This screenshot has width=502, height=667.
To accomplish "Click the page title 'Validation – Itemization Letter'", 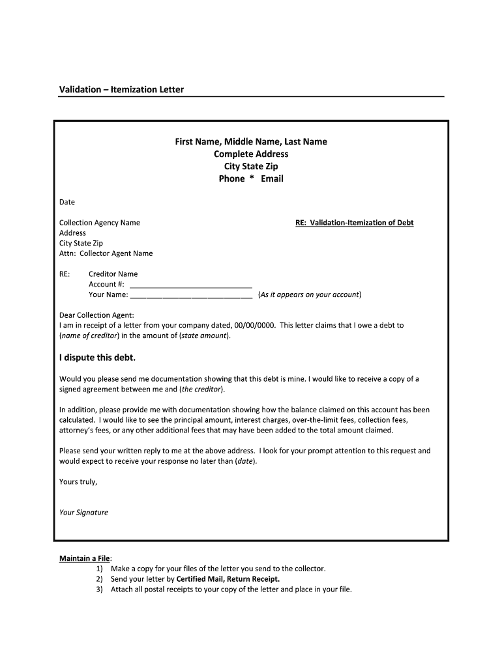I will pyautogui.click(x=121, y=89).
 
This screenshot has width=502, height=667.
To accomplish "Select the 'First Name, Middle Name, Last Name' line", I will pyautogui.click(x=251, y=141).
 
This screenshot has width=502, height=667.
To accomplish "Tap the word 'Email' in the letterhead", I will pyautogui.click(x=272, y=178).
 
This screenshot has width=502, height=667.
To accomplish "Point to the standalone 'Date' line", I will pyautogui.click(x=67, y=202).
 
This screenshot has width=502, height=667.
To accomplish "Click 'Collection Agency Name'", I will pyautogui.click(x=100, y=223).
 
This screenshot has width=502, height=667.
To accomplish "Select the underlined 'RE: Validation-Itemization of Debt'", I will pyautogui.click(x=355, y=223).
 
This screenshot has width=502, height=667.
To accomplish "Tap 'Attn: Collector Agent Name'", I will pyautogui.click(x=106, y=253).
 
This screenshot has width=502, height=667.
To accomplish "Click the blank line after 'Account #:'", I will pyautogui.click(x=191, y=285).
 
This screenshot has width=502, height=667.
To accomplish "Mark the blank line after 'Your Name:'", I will pyautogui.click(x=191, y=295).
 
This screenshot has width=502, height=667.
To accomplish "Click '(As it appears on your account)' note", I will pyautogui.click(x=310, y=295).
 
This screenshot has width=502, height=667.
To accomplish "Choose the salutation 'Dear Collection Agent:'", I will pyautogui.click(x=96, y=315).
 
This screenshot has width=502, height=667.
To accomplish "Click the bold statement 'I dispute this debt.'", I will pyautogui.click(x=98, y=358).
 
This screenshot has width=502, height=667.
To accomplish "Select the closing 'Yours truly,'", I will pyautogui.click(x=78, y=482).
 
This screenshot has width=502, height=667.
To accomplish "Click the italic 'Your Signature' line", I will pyautogui.click(x=83, y=513).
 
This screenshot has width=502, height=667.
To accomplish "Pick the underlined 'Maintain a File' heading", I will pyautogui.click(x=85, y=558).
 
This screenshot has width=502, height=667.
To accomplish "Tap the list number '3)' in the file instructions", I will pyautogui.click(x=100, y=589).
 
